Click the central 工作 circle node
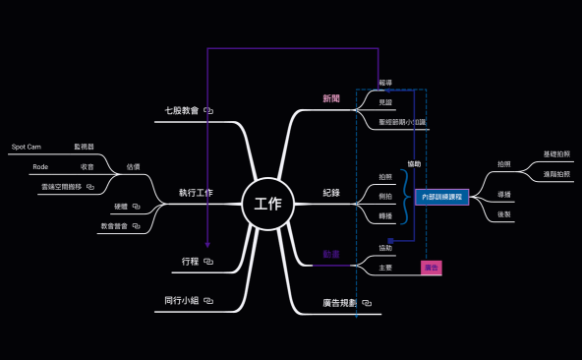coord(267,205)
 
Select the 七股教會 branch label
coord(182,111)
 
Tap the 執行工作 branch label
coord(196,192)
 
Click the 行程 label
coord(191,262)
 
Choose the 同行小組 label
coord(182,300)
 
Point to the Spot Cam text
coord(27,147)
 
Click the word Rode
coord(40,167)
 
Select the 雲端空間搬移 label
coord(62,185)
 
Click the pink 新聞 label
coord(331,98)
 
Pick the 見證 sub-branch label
coord(385,102)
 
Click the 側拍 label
coord(385,196)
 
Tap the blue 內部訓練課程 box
coord(441,197)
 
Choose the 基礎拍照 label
coord(556,154)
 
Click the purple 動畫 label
coord(331,254)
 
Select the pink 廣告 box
coord(431,267)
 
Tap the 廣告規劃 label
coord(339,303)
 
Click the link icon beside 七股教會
coord(208,111)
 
